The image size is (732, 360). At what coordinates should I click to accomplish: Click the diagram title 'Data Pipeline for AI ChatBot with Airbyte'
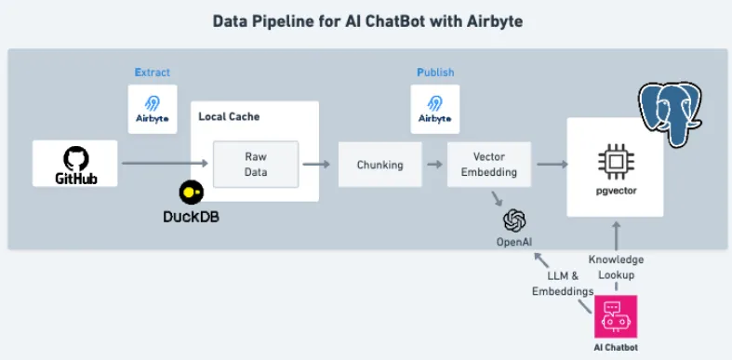(365, 20)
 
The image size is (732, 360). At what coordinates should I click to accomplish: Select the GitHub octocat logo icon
(74, 156)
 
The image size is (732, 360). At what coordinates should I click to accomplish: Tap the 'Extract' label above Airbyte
(153, 73)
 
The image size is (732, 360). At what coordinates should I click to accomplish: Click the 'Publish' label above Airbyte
(435, 73)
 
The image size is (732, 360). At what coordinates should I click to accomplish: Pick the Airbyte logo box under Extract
(153, 109)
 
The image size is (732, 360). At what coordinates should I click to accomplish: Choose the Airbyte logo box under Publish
(435, 109)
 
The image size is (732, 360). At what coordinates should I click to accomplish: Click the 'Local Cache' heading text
(229, 117)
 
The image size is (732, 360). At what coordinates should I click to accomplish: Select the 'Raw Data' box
(255, 164)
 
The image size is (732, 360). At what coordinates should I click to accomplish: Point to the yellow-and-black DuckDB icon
(192, 193)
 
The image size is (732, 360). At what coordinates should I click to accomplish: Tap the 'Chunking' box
(379, 165)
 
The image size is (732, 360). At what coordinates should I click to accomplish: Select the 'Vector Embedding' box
(488, 165)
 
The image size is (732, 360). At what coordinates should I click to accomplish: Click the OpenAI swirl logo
(514, 220)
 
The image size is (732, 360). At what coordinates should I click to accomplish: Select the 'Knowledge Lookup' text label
(616, 267)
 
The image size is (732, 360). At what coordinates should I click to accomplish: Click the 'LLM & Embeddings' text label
(562, 285)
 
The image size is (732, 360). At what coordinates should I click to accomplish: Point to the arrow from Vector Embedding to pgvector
(552, 165)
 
